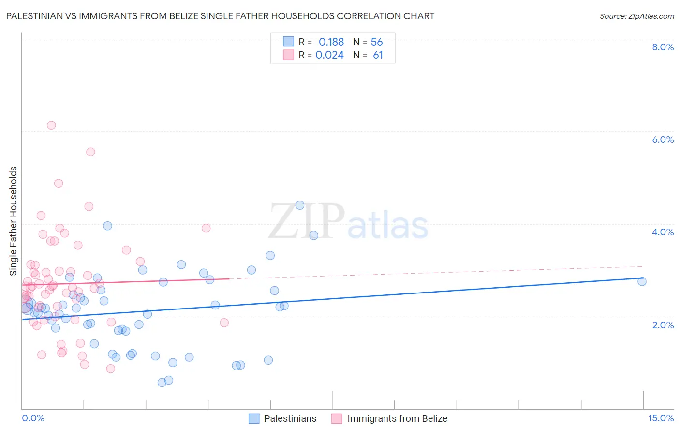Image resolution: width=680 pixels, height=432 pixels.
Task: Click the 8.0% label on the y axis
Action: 663,47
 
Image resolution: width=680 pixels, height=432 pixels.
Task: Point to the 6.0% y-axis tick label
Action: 663,139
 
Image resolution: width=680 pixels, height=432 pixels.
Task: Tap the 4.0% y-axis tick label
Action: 663,232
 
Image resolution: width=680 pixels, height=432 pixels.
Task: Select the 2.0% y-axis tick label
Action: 663,325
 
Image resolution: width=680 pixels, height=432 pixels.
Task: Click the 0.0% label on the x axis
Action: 33,418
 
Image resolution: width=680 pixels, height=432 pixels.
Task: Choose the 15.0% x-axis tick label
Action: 661,418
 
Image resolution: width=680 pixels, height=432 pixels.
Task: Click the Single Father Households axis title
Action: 13,221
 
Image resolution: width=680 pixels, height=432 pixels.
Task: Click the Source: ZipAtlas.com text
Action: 636,16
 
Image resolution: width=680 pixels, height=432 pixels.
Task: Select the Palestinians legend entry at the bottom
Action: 290,418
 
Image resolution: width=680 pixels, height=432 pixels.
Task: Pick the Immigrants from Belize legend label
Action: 397,418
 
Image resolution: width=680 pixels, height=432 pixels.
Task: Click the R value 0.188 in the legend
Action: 331,42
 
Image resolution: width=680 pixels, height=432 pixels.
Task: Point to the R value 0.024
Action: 329,55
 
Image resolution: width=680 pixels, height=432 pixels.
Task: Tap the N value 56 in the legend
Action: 377,42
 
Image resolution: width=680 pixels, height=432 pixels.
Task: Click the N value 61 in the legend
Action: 378,55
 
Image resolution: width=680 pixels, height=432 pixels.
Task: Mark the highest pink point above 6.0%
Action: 51,125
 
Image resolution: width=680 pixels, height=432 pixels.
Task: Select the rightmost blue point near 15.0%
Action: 642,281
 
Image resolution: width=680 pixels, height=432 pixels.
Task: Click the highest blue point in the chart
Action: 300,205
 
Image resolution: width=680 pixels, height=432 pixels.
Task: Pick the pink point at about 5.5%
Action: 90,152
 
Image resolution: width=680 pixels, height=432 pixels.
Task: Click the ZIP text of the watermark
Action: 307,221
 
